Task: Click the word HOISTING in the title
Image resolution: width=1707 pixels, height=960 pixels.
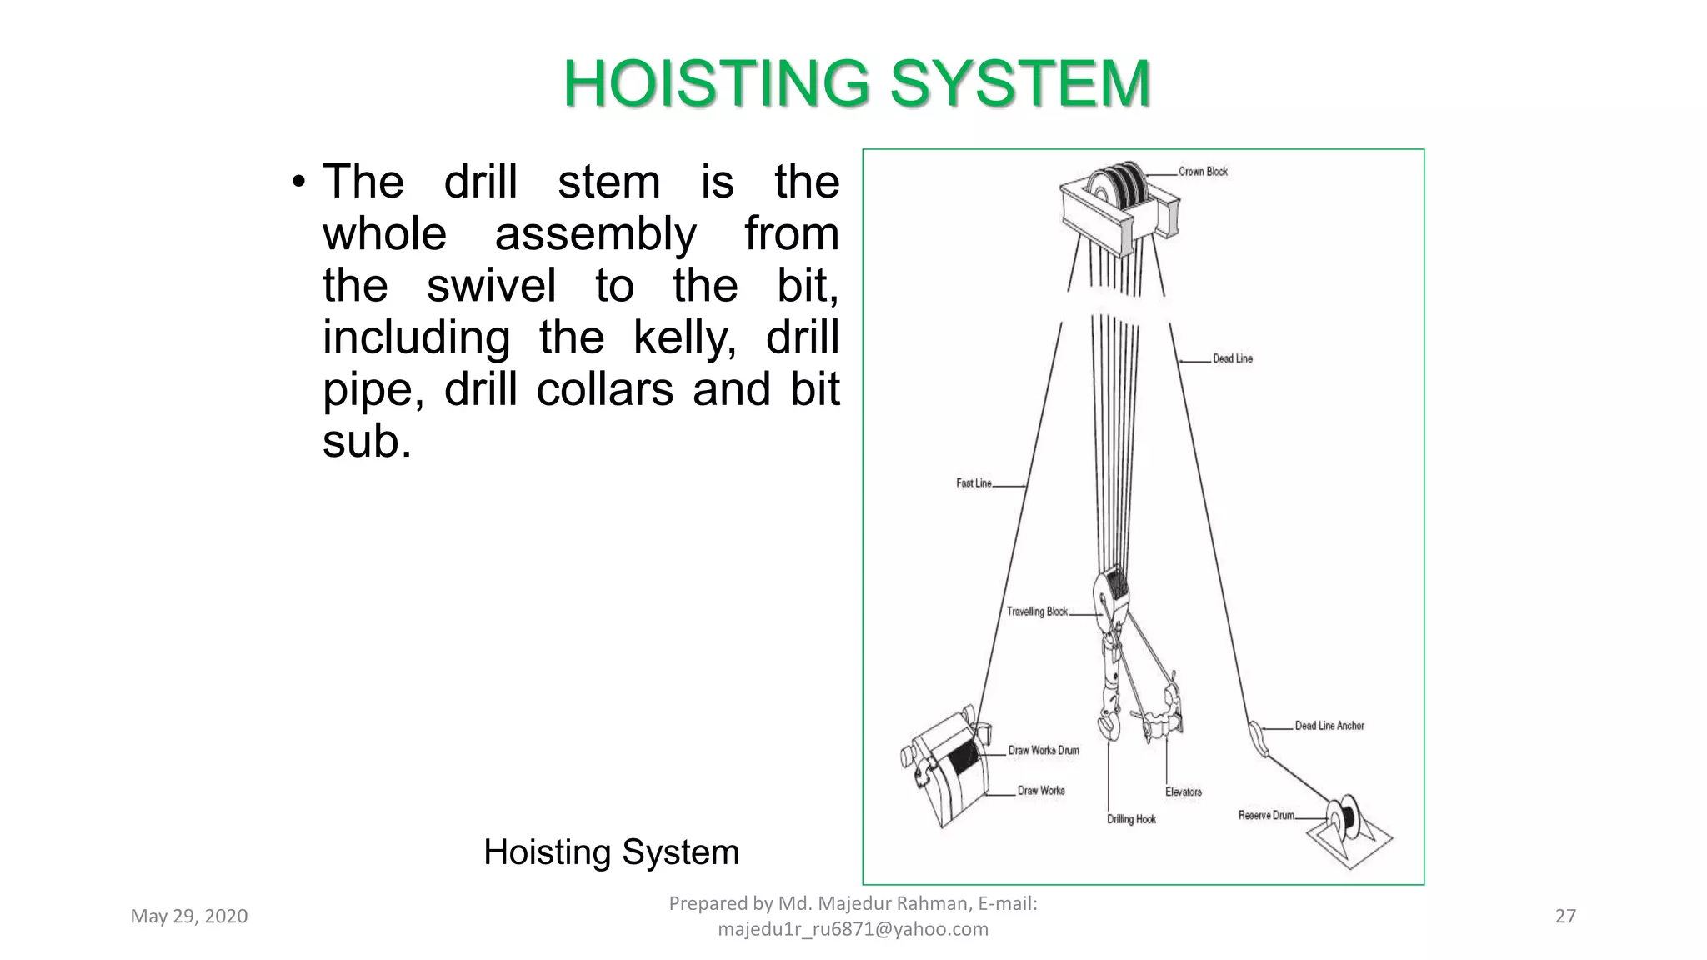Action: pyautogui.click(x=715, y=84)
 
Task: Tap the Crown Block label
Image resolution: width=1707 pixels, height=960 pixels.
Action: pyautogui.click(x=1203, y=172)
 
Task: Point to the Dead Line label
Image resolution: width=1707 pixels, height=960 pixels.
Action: pyautogui.click(x=1232, y=358)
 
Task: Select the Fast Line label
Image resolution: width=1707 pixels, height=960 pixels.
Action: pyautogui.click(x=974, y=483)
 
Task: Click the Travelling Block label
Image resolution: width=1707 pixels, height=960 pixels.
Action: pyautogui.click(x=1036, y=612)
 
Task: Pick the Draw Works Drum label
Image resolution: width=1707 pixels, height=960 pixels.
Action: pyautogui.click(x=1043, y=751)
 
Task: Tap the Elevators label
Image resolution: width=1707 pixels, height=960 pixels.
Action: pyautogui.click(x=1184, y=792)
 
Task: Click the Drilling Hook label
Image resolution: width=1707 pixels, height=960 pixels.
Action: pyautogui.click(x=1131, y=819)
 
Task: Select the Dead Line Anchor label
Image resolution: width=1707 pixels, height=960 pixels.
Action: pyautogui.click(x=1329, y=726)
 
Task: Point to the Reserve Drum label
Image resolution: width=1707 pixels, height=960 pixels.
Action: pyautogui.click(x=1265, y=815)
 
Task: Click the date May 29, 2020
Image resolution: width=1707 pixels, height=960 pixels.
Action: pyautogui.click(x=189, y=917)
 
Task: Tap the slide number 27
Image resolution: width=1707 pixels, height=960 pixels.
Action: pyautogui.click(x=1565, y=917)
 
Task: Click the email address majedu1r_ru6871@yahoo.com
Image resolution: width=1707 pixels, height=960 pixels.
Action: pyautogui.click(x=853, y=929)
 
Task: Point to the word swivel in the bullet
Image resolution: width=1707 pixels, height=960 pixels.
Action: pyautogui.click(x=491, y=286)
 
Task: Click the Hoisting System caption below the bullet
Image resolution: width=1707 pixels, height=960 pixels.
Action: pyautogui.click(x=611, y=852)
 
